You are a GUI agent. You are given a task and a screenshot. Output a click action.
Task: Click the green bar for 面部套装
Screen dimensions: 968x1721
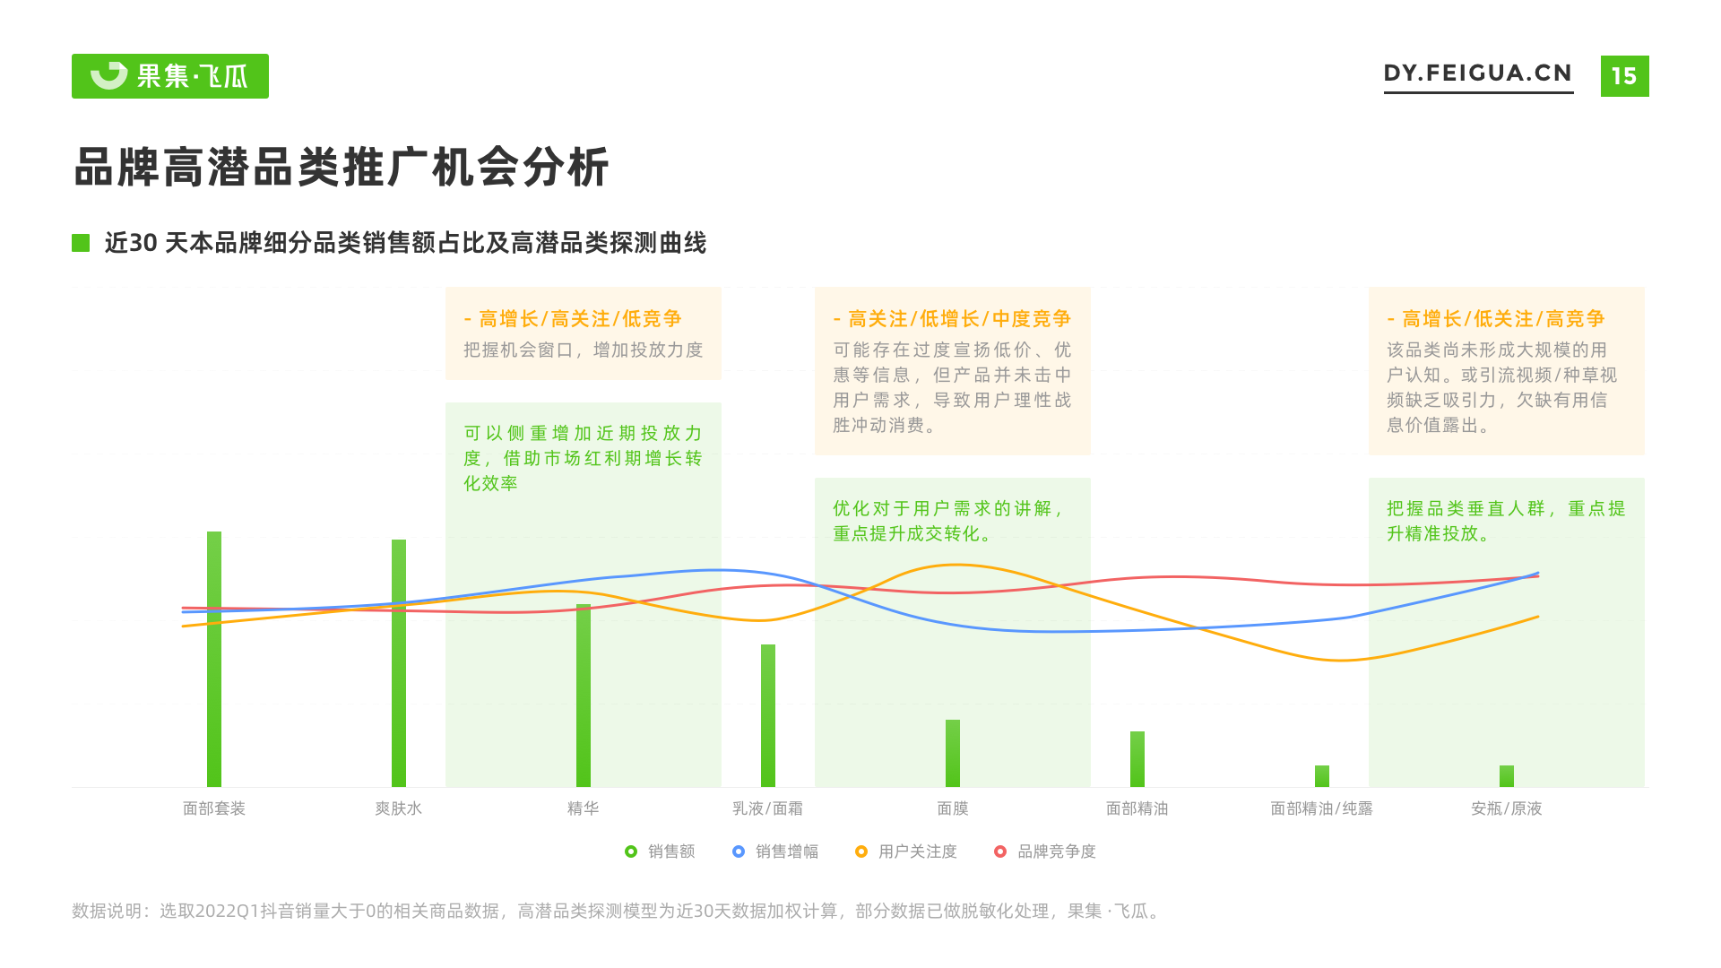pyautogui.click(x=214, y=659)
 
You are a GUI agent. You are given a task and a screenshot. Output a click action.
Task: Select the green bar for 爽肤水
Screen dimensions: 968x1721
pyautogui.click(x=399, y=663)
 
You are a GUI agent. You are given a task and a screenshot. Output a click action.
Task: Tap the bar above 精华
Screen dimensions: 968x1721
pyautogui.click(x=584, y=696)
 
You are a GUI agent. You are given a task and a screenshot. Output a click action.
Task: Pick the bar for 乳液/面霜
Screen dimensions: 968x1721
pyautogui.click(x=768, y=715)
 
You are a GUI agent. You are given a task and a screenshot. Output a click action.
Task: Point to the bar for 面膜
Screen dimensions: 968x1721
pyautogui.click(x=953, y=753)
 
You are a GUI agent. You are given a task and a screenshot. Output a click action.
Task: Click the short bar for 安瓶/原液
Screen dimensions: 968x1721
pyautogui.click(x=1507, y=776)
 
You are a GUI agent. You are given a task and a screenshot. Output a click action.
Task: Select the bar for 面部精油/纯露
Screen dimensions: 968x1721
pyautogui.click(x=1322, y=776)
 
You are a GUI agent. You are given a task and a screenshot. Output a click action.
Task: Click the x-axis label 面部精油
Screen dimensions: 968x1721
pyautogui.click(x=1137, y=808)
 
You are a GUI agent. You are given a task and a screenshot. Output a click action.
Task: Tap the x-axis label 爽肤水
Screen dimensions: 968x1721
pyautogui.click(x=399, y=808)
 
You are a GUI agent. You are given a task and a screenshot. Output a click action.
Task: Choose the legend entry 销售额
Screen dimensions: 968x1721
pyautogui.click(x=661, y=851)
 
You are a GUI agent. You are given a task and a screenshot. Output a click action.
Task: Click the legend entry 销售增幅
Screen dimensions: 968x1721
pyautogui.click(x=775, y=851)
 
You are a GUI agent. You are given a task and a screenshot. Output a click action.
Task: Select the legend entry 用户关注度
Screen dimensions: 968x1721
pyautogui.click(x=906, y=851)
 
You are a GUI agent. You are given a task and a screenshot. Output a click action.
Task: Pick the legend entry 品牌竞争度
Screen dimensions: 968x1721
pyautogui.click(x=1045, y=851)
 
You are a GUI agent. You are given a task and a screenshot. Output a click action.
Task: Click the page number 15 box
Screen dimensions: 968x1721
pyautogui.click(x=1624, y=76)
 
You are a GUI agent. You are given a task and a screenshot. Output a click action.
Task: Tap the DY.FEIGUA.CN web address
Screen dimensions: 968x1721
pyautogui.click(x=1478, y=73)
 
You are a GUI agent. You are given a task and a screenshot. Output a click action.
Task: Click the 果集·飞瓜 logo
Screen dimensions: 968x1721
pyautogui.click(x=170, y=76)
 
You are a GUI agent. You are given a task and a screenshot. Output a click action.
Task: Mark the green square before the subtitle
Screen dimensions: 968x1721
pyautogui.click(x=81, y=243)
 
